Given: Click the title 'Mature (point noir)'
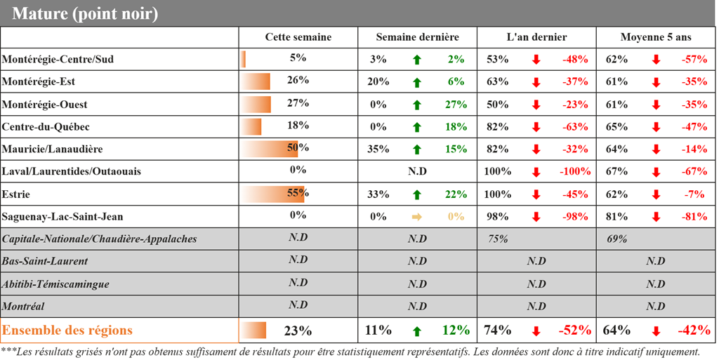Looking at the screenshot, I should coord(85,13).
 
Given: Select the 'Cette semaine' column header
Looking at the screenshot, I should coord(298,37).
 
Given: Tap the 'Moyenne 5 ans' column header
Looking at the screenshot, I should coord(656,37).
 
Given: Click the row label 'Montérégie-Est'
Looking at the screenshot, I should coord(39,82).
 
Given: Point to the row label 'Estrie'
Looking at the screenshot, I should coord(16,194).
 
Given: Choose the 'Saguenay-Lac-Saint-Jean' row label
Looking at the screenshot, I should coord(62,217).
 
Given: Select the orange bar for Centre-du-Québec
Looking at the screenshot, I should coord(251,127).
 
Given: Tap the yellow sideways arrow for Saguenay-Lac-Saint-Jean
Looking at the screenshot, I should coord(417,217).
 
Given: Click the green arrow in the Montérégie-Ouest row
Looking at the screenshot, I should coord(417,105).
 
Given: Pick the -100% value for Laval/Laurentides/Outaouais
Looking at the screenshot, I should coord(574,172).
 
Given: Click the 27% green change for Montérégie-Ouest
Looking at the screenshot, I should coord(456,105).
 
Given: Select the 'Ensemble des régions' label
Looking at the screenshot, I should coord(67,330).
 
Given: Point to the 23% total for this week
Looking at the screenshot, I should coord(298,331).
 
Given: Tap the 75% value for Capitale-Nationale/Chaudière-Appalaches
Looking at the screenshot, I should coord(498,239).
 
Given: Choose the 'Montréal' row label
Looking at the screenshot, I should coord(23,307).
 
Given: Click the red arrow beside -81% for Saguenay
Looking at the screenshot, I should coord(656,217).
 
